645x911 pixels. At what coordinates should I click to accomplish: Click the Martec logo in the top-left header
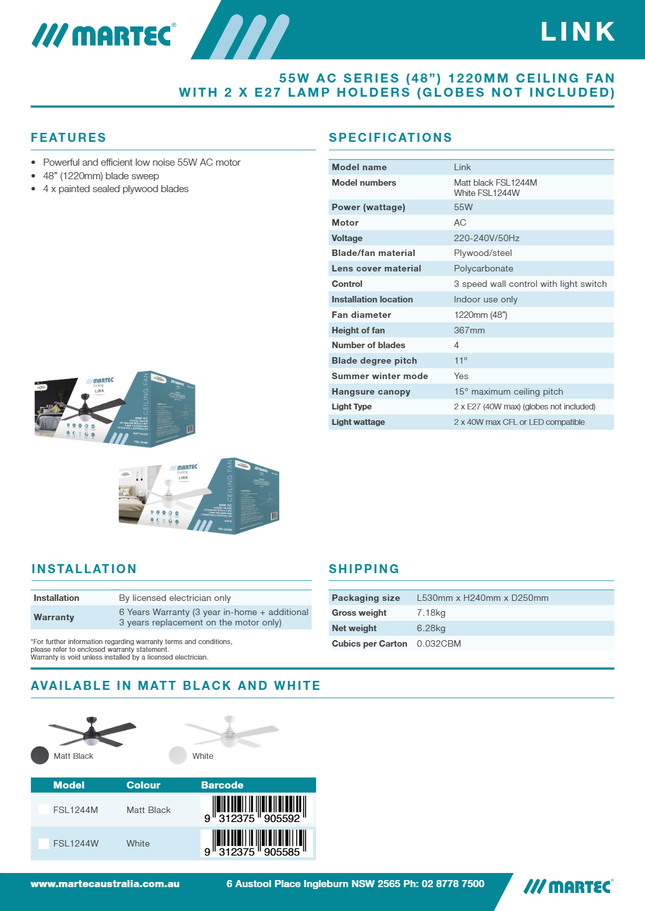(103, 35)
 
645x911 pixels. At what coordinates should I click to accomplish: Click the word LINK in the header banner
(578, 32)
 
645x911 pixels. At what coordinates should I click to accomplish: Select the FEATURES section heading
(68, 137)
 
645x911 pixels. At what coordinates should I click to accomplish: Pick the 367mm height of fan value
(469, 330)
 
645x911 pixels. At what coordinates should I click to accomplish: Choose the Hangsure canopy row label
(370, 391)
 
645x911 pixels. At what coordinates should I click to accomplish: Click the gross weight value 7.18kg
(431, 612)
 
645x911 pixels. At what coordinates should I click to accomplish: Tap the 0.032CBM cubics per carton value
(439, 643)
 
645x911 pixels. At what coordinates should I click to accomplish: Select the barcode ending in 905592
(257, 808)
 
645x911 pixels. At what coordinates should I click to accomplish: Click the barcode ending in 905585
(257, 842)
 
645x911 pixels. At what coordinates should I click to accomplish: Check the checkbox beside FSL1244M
(44, 809)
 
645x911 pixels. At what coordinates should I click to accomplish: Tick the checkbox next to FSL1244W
(44, 843)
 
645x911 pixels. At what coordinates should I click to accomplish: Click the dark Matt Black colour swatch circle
(40, 755)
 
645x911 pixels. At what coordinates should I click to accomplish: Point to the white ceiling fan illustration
(230, 732)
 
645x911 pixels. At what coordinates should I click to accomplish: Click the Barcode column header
(222, 785)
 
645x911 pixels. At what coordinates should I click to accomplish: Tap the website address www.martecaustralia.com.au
(105, 883)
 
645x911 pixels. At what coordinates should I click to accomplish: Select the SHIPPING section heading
(364, 569)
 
